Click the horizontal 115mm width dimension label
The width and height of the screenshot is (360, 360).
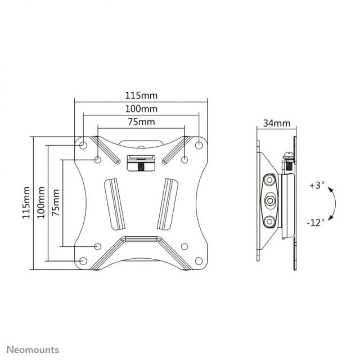141,96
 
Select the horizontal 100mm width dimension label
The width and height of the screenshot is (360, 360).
141,109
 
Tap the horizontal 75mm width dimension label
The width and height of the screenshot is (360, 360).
141,121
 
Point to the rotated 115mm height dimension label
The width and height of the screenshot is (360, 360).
26,204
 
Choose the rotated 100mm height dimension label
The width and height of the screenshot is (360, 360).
41,204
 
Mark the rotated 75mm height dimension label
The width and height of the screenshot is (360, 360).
56,204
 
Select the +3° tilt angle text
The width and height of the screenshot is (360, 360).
317,186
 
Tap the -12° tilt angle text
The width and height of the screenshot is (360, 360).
316,222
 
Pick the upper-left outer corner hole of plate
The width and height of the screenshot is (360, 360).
83,145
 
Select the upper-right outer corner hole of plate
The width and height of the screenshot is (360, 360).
199,145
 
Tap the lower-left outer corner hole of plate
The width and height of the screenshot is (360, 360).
83,261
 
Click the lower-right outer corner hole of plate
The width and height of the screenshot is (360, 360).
199,261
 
